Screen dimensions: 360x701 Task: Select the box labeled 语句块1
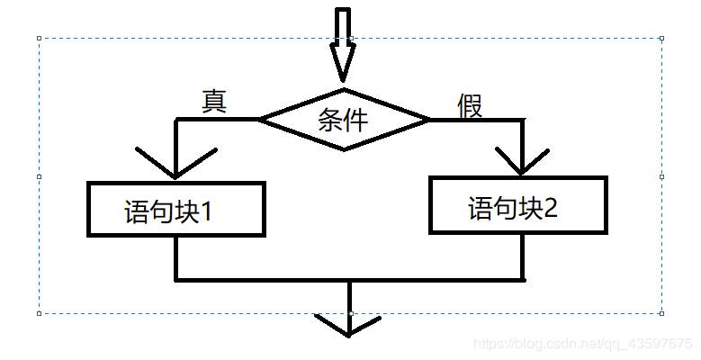[176, 210]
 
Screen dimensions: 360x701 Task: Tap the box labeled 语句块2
[518, 204]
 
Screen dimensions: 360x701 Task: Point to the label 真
[213, 101]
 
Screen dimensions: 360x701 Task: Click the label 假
[470, 105]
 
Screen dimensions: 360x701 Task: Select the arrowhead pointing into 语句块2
[522, 162]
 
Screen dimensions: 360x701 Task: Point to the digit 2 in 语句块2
[551, 209]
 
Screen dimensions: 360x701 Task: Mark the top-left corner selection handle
[40, 39]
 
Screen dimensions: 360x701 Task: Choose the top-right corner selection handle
[662, 39]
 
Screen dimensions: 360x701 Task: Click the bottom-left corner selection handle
[40, 313]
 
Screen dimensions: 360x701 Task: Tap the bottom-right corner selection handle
[662, 313]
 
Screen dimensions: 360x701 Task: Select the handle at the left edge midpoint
[40, 176]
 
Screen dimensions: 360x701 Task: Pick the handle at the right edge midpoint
[662, 176]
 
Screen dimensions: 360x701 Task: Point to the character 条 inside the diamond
[330, 119]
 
